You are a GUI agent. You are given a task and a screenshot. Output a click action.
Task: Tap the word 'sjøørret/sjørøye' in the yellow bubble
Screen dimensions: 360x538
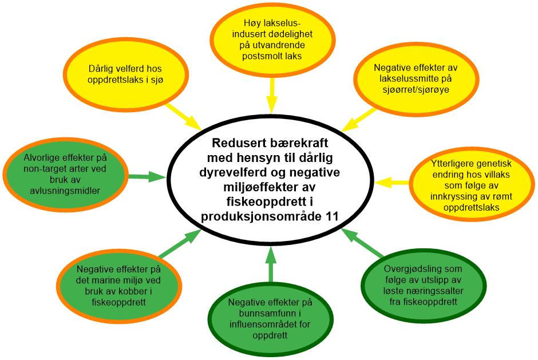[416, 89]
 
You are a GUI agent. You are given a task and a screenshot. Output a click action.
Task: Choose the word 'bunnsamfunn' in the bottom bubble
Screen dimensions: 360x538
[267, 313]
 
